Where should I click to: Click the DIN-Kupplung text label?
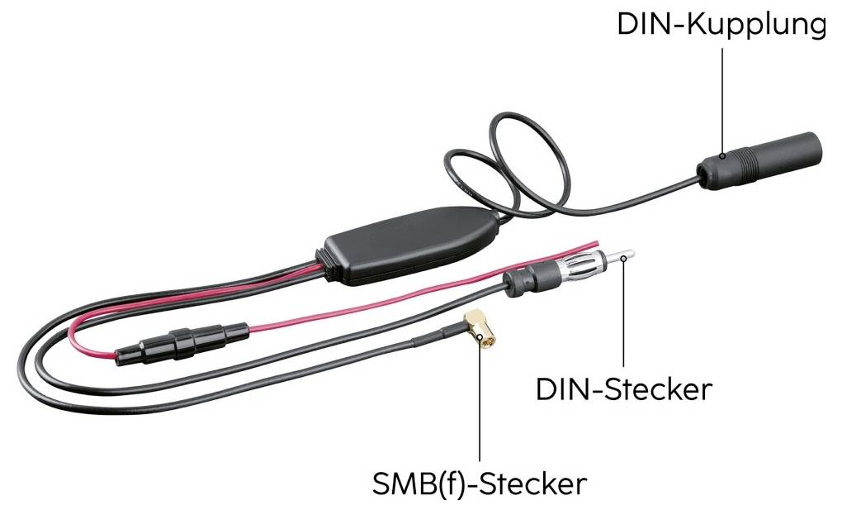721,24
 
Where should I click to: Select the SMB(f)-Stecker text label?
480,483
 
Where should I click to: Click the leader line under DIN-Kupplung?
722,99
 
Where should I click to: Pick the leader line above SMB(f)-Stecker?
480,405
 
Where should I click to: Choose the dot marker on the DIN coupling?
722,155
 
